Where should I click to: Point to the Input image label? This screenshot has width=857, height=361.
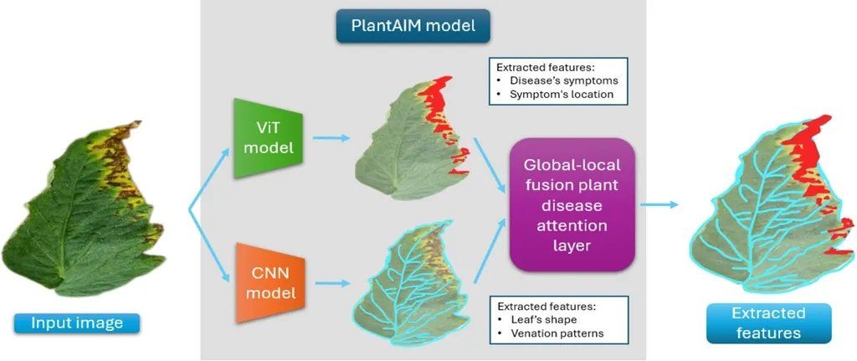tap(76, 322)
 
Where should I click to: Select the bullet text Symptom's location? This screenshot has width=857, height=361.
tap(560, 95)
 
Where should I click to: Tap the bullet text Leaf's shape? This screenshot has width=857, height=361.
tap(544, 319)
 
